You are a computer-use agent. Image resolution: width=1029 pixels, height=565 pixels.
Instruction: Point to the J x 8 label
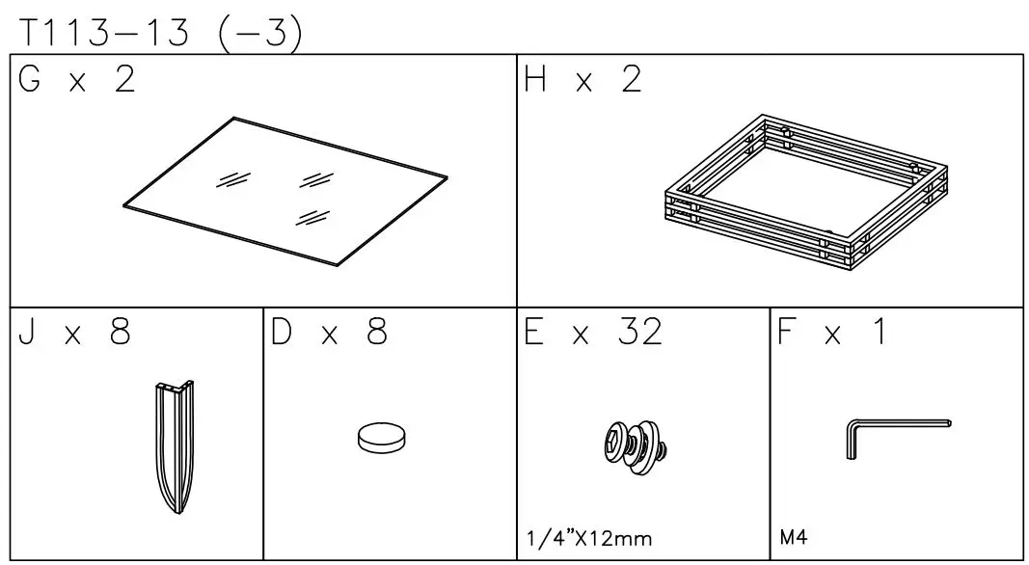pyautogui.click(x=72, y=333)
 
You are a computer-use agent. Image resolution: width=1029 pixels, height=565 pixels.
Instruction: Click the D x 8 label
pyautogui.click(x=328, y=333)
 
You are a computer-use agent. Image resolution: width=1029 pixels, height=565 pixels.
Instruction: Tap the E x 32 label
pyautogui.click(x=593, y=333)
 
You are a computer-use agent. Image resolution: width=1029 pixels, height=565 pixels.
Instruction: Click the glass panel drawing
pyautogui.click(x=285, y=190)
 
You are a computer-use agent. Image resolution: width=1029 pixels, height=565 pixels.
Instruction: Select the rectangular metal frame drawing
pyautogui.click(x=806, y=192)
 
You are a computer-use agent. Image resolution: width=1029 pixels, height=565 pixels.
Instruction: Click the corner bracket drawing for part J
pyautogui.click(x=173, y=444)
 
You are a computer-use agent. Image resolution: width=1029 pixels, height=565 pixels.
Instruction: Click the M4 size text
pyautogui.click(x=793, y=536)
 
